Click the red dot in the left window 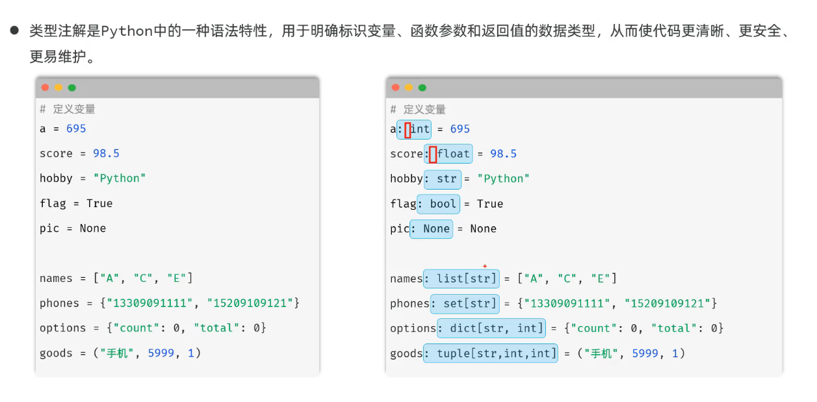point(45,88)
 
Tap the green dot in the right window point(422,88)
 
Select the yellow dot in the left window point(58,88)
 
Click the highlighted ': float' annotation point(448,154)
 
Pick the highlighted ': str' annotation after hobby point(443,179)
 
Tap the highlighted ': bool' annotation point(438,204)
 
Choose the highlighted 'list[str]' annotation point(461,279)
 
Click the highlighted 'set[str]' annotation point(465,303)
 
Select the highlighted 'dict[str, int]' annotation point(491,329)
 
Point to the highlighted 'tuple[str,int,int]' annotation point(491,353)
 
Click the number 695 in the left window point(76,129)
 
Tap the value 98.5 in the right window point(503,154)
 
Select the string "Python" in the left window point(119,178)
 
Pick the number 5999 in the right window point(645,353)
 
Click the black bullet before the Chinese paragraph point(14,31)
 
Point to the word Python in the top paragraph point(127,31)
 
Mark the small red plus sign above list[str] point(485,266)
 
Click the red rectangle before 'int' point(408,130)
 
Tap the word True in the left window point(99,203)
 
